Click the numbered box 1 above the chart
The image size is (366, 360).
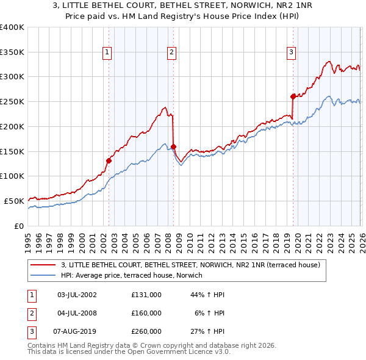point(107,53)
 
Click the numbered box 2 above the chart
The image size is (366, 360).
point(172,53)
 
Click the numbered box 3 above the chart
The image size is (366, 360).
point(292,53)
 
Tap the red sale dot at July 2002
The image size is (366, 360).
point(109,161)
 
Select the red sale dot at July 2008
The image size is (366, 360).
point(173,146)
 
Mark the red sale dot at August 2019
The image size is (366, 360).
point(293,96)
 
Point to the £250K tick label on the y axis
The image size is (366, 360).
point(12,102)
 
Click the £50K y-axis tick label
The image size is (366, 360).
point(13,201)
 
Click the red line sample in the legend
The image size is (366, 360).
point(43,265)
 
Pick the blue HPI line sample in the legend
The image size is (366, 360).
point(43,276)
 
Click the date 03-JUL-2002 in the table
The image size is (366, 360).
point(77,294)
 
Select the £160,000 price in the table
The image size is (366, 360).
point(146,313)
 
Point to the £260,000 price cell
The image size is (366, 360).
point(146,332)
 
